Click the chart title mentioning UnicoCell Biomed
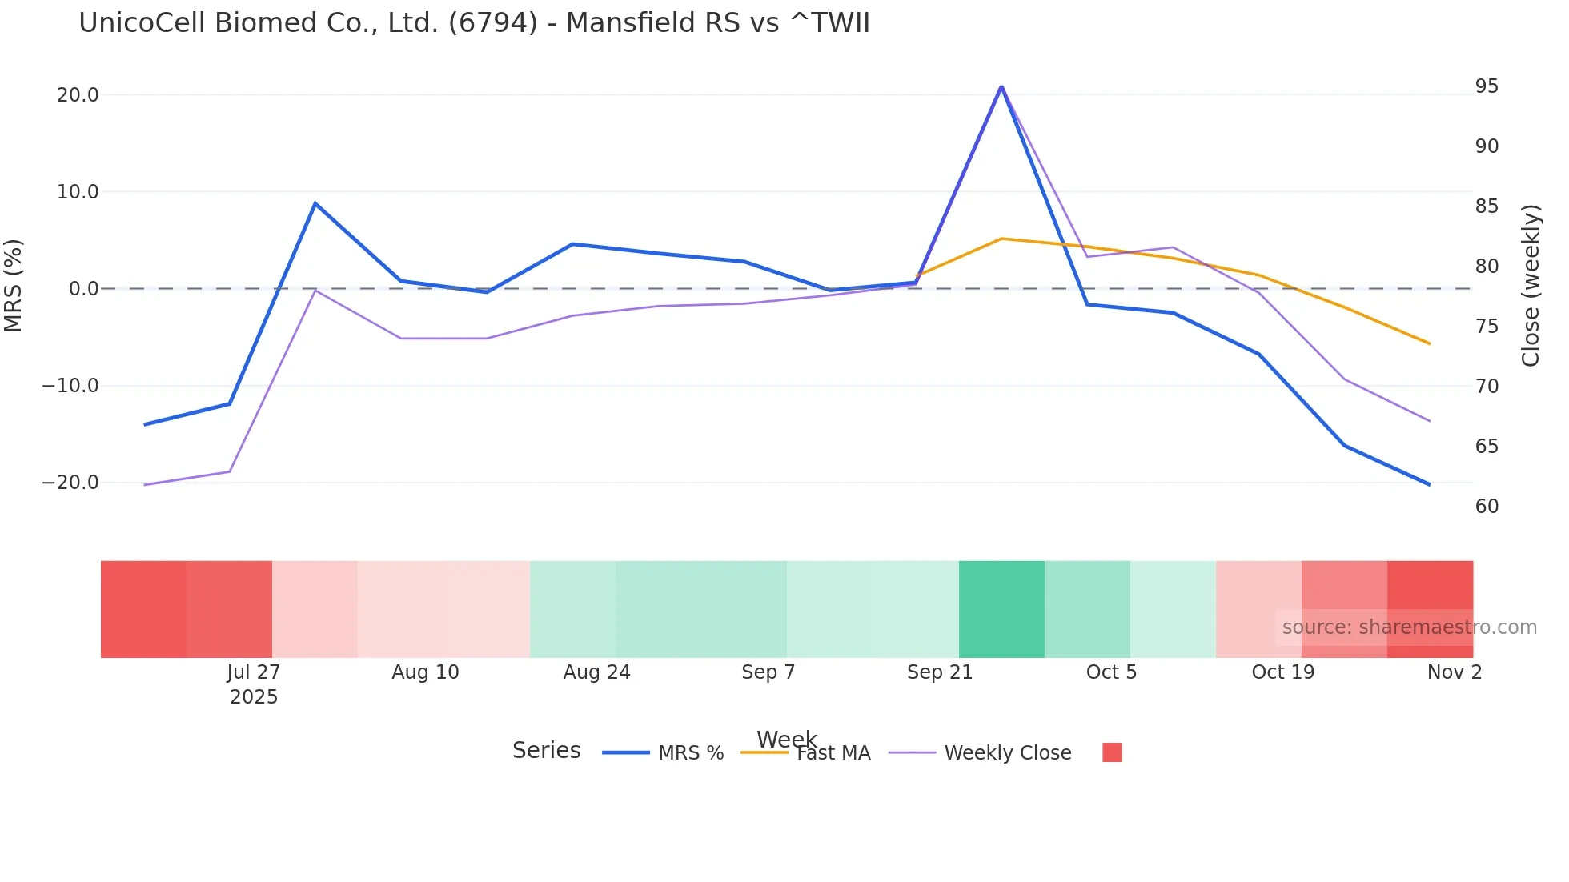474,23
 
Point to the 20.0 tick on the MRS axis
78,95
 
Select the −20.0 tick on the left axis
70,483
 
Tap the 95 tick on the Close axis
1487,86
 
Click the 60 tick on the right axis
1487,507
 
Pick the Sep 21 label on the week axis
939,672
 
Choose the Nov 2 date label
1454,672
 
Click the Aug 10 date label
425,672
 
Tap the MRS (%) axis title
14,285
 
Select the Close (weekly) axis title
1531,286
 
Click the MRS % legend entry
690,753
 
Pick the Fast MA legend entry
833,753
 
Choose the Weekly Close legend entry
1007,753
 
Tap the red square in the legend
1112,752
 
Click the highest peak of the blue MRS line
1001,86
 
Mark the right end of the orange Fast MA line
1429,343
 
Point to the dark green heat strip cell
1001,609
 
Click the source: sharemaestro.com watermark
1409,627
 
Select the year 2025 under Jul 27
253,697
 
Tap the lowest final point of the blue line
1429,484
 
